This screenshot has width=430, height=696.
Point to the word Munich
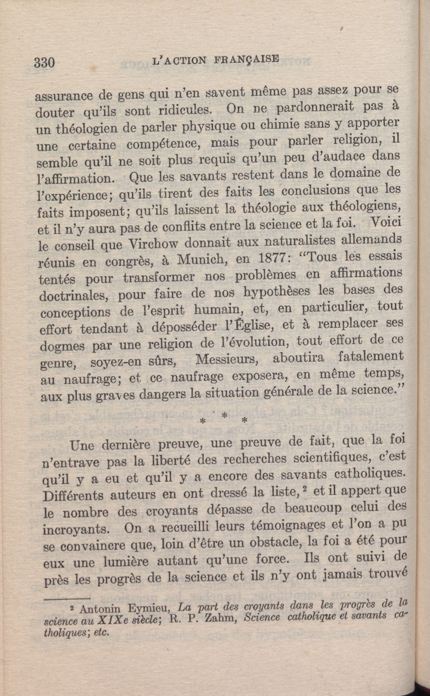pyautogui.click(x=200, y=260)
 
